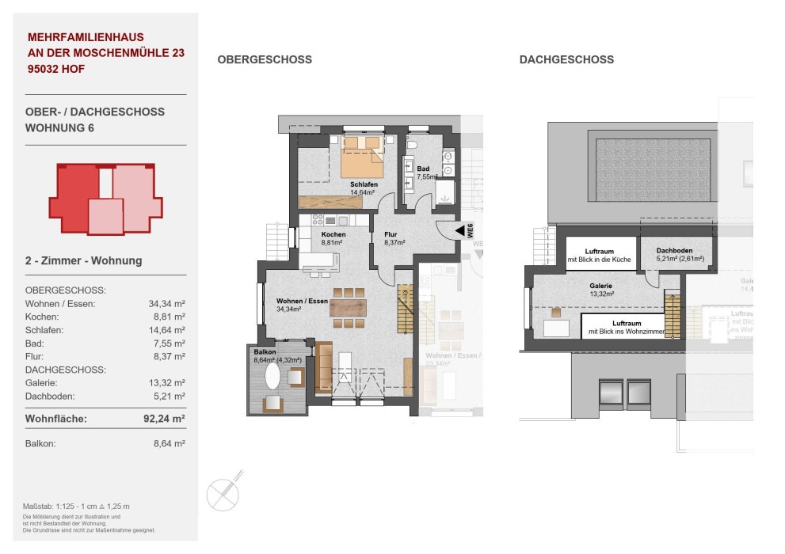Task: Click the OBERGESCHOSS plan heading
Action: point(264,60)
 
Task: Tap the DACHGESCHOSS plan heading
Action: point(566,60)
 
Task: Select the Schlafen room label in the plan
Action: point(364,184)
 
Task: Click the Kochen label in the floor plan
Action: point(333,235)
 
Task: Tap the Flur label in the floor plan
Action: point(390,235)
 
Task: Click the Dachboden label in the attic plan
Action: point(675,251)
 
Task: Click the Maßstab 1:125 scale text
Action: point(77,506)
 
